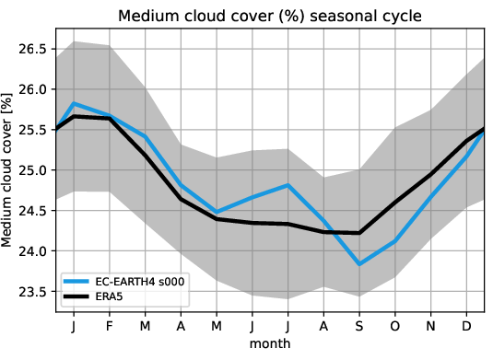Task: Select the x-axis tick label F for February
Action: [x=110, y=325]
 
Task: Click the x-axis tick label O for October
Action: [x=395, y=325]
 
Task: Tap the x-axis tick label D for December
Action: [x=466, y=325]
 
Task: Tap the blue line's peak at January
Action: [x=74, y=103]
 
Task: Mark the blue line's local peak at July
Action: [x=288, y=185]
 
